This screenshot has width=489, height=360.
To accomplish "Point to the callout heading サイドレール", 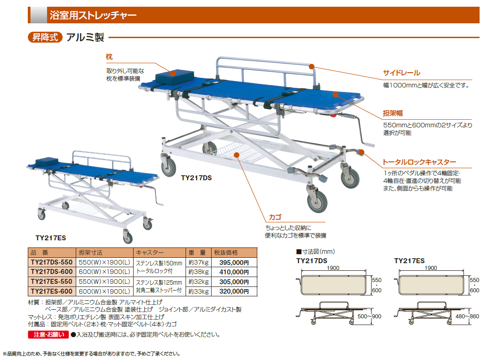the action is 401,73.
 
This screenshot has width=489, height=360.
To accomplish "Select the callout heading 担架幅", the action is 393,113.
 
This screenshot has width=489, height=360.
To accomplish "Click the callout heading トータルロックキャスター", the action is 419,162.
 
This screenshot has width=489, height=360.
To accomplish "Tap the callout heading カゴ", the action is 275,217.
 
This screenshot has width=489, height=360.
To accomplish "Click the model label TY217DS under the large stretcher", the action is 196,178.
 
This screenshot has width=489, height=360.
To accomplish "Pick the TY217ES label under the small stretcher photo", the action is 51,238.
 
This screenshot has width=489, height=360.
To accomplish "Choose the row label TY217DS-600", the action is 51,272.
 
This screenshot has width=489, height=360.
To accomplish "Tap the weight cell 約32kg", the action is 198,282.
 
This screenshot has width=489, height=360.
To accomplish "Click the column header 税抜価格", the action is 226,252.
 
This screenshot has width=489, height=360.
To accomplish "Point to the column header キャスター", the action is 150,252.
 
